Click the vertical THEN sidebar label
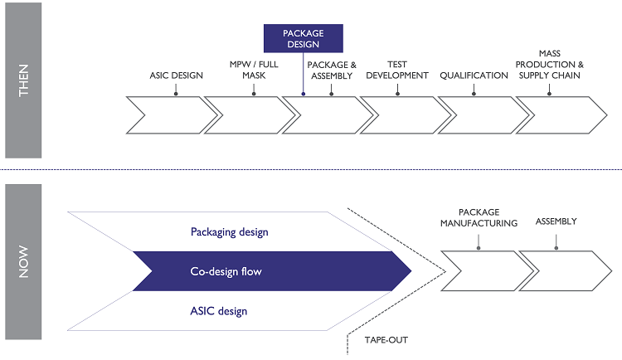pos(23,80)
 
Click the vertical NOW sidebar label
pos(23,260)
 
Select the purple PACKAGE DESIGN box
pos(303,39)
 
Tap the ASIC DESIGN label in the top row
pos(175,75)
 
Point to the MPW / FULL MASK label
pos(254,70)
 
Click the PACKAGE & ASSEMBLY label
pos(332,70)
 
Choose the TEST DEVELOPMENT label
pos(406,70)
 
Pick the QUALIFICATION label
pos(474,75)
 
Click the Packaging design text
pos(230,232)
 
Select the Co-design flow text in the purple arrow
pos(229,271)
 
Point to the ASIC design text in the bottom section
pos(219,311)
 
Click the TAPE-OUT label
pos(386,340)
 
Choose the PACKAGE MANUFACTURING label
pos(479,217)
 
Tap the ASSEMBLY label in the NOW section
pos(556,221)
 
